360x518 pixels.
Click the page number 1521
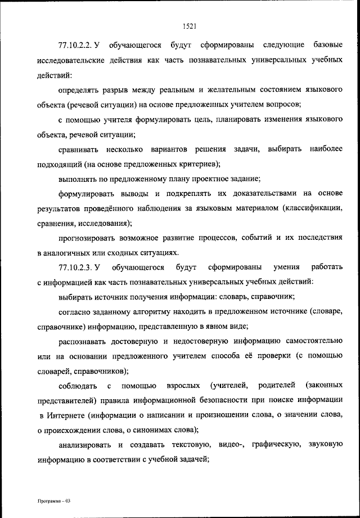coord(189,25)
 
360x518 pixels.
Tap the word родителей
coord(277,386)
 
